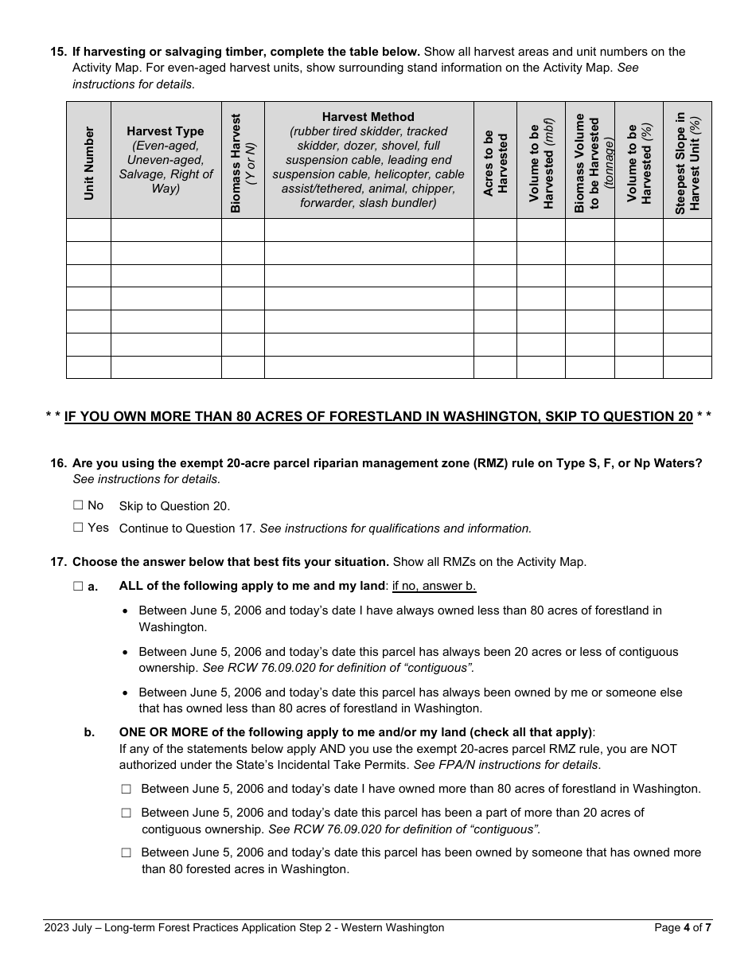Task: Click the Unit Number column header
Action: coord(88,162)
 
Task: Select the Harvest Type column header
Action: coord(166,159)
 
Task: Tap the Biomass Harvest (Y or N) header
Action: coord(243,162)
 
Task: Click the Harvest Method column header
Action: coord(368,159)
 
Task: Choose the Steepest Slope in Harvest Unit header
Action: coord(687,162)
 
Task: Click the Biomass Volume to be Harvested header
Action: coord(590,162)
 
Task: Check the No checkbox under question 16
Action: coord(78,505)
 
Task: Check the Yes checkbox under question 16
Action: coord(78,528)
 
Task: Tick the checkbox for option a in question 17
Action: coord(78,587)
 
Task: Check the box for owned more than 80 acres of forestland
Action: coord(126,790)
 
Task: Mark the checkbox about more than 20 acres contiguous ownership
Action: coord(126,813)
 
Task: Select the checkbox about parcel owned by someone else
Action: coord(126,852)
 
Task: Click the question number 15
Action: coord(58,52)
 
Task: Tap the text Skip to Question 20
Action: coord(174,506)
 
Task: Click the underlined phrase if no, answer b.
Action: coord(434,587)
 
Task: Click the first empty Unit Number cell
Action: coord(88,230)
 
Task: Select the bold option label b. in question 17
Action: coord(89,732)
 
